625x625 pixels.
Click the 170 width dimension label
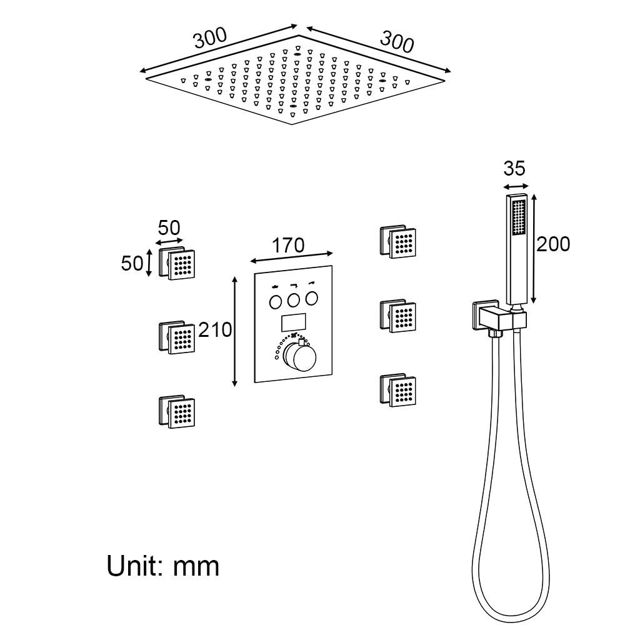point(288,245)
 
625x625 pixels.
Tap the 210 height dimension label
point(215,329)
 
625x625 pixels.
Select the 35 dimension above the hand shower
point(514,168)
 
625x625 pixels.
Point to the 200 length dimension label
point(553,244)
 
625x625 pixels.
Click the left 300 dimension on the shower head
point(210,38)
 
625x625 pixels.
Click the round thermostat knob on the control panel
point(299,356)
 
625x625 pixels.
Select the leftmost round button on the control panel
point(276,302)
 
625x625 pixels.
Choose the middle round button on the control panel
point(294,300)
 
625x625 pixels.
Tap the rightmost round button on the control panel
point(312,298)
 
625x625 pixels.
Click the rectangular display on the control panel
point(293,322)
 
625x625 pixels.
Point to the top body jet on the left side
point(177,264)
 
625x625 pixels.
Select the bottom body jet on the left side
point(177,412)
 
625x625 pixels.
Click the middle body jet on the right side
point(397,316)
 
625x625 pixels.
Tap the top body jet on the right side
point(397,242)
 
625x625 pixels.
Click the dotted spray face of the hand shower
point(519,217)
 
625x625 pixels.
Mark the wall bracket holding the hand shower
point(499,317)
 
